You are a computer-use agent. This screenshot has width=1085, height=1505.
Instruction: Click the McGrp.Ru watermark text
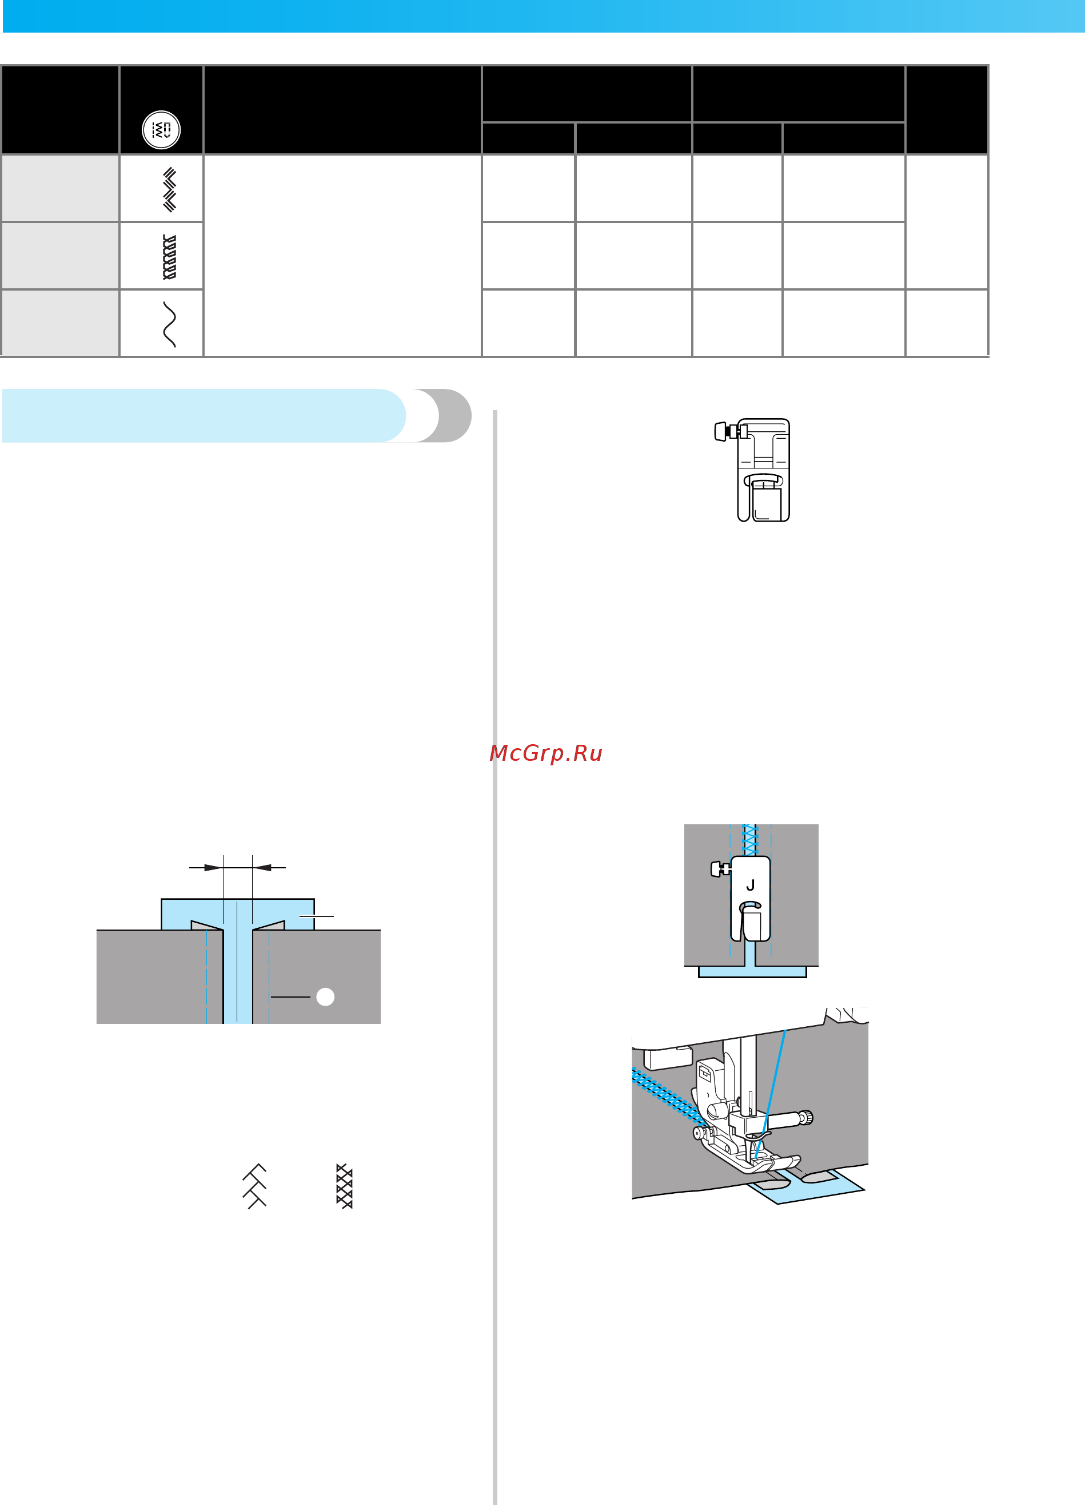click(x=545, y=753)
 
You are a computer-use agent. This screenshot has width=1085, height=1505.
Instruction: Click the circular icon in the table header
click(x=161, y=129)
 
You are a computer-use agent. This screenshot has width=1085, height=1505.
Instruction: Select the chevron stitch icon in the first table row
click(x=170, y=190)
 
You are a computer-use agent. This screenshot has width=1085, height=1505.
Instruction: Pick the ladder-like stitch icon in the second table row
click(x=170, y=257)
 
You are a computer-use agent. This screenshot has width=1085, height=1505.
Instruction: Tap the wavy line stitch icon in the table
click(x=170, y=324)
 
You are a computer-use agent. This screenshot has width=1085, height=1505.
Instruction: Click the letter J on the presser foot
click(x=750, y=885)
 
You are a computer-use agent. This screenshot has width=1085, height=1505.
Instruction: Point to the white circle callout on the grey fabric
click(x=325, y=996)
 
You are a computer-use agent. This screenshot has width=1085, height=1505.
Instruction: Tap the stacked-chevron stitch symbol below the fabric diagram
click(x=254, y=1186)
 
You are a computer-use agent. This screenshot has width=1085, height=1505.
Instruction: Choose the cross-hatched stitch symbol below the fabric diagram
click(x=344, y=1186)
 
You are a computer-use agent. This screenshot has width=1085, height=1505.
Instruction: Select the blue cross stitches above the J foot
click(x=750, y=840)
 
